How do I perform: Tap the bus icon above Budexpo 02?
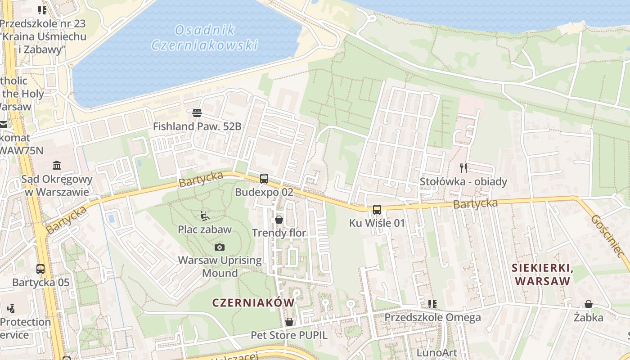tap(264, 178)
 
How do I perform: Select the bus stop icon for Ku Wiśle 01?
tap(377, 209)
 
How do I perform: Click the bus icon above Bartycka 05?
tap(40, 269)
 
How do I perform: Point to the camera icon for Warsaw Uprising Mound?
tap(220, 247)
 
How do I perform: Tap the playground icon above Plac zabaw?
tap(204, 216)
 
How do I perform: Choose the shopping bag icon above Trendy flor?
tap(279, 220)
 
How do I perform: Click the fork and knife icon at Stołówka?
tap(463, 168)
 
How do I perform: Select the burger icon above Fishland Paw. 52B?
tap(197, 112)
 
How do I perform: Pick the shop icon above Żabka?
tap(588, 304)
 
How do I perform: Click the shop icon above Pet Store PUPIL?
tap(289, 322)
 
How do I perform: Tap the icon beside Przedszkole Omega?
tap(432, 304)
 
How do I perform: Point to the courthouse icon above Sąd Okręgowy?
tap(57, 165)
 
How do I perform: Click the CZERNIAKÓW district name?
tap(253, 303)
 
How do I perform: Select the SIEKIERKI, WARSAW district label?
tap(542, 274)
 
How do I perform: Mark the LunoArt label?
tap(436, 352)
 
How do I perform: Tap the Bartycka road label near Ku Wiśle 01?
tap(475, 204)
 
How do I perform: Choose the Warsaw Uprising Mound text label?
tap(220, 266)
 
